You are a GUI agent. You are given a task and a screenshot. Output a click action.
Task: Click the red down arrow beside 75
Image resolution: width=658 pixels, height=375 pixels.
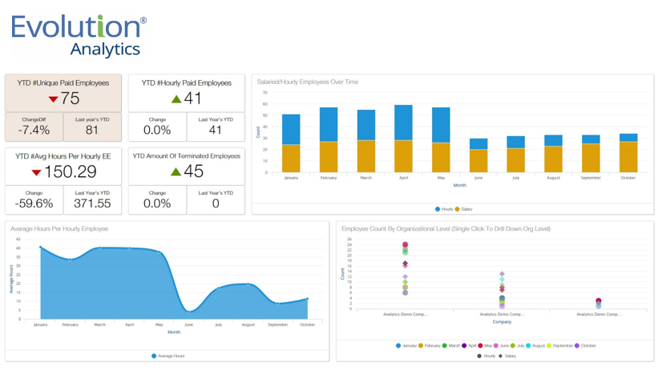pyautogui.click(x=53, y=99)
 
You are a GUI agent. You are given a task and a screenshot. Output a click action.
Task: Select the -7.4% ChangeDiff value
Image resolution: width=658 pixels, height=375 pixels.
pyautogui.click(x=34, y=131)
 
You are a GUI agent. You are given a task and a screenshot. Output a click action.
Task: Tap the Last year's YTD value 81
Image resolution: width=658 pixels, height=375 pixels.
pyautogui.click(x=92, y=131)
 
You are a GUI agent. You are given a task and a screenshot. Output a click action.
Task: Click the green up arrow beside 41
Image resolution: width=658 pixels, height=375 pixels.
pyautogui.click(x=176, y=99)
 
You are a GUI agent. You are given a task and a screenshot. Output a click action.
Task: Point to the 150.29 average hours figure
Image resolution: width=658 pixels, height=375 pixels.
pyautogui.click(x=71, y=171)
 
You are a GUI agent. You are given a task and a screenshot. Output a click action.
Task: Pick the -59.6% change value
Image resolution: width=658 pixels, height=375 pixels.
pyautogui.click(x=34, y=204)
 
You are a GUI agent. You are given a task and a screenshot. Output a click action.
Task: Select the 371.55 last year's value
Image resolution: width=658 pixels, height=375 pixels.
pyautogui.click(x=92, y=204)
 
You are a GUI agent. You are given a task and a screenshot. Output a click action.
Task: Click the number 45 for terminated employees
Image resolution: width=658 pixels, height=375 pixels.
pyautogui.click(x=193, y=171)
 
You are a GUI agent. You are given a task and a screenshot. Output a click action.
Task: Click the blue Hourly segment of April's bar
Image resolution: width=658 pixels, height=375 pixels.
pyautogui.click(x=403, y=123)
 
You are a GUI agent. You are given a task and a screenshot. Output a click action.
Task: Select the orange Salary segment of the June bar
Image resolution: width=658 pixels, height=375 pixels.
pyautogui.click(x=478, y=161)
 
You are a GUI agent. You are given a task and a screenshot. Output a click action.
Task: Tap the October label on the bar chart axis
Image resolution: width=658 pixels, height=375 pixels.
pyautogui.click(x=628, y=178)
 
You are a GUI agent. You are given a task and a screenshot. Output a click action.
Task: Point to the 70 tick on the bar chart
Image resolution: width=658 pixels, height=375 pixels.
pyautogui.click(x=264, y=93)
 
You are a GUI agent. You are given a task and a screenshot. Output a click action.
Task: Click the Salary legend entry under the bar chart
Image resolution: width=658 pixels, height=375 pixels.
pyautogui.click(x=464, y=209)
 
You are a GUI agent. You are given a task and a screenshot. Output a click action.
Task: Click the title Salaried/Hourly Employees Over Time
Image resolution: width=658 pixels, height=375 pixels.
pyautogui.click(x=307, y=82)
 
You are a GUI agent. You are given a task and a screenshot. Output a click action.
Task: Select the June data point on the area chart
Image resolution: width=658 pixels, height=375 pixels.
pyautogui.click(x=188, y=311)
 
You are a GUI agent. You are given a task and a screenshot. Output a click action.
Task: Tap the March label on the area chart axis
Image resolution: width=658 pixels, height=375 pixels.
pyautogui.click(x=99, y=325)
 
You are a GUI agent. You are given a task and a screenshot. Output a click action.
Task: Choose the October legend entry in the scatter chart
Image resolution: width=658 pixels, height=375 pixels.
pyautogui.click(x=585, y=345)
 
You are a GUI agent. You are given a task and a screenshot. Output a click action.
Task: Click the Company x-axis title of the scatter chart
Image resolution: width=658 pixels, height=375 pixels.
pyautogui.click(x=502, y=321)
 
